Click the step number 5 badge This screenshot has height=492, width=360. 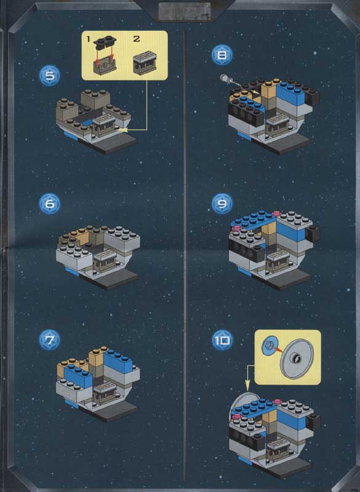pos(50,76)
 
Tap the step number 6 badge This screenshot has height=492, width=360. pos(50,204)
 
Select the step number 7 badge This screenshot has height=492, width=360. pos(49,340)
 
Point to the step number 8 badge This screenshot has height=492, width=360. pos(222,55)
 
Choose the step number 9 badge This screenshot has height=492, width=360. pos(222,204)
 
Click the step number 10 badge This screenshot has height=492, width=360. pos(222,341)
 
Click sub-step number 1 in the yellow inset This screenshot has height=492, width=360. pos(88,39)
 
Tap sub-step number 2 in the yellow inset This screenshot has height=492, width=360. pos(137,39)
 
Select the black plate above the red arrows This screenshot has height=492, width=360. pos(105,42)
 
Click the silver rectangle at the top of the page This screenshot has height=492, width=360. pos(184,11)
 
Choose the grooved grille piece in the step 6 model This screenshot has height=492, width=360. pos(105,256)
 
